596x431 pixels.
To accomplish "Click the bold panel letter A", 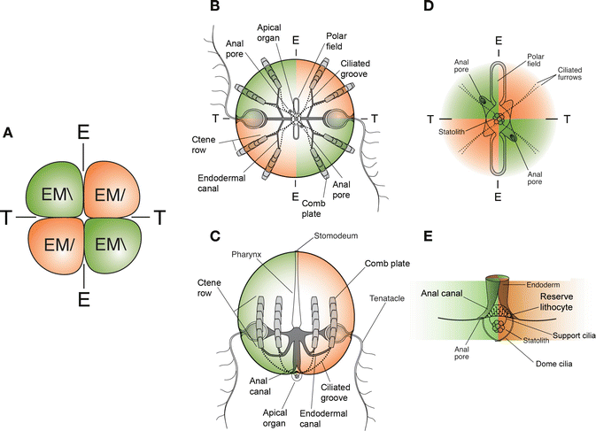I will [x=9, y=133].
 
